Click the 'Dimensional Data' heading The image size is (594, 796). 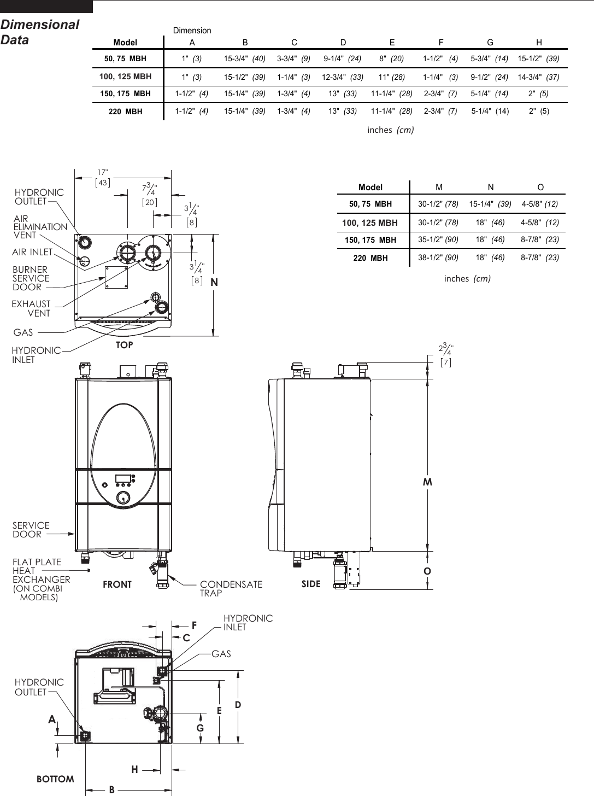pyautogui.click(x=40, y=32)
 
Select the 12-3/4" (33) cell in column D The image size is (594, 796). pyautogui.click(x=342, y=77)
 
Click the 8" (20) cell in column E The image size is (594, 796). pyautogui.click(x=391, y=58)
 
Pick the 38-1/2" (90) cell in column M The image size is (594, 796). pyautogui.click(x=438, y=257)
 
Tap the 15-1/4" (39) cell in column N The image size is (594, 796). pyautogui.click(x=490, y=204)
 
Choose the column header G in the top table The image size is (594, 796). pyautogui.click(x=490, y=42)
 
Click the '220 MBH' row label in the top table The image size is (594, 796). pyautogui.click(x=125, y=112)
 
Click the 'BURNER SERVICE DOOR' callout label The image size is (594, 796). pyautogui.click(x=31, y=278)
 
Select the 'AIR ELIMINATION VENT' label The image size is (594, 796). pyautogui.click(x=40, y=227)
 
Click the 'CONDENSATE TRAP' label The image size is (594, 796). pyautogui.click(x=231, y=588)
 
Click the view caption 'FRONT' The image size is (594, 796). pyautogui.click(x=117, y=584)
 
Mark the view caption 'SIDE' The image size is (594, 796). pyautogui.click(x=311, y=584)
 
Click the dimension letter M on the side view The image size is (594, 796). pyautogui.click(x=427, y=482)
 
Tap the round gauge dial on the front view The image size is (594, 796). pyautogui.click(x=123, y=498)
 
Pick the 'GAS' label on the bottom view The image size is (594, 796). pyautogui.click(x=221, y=654)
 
